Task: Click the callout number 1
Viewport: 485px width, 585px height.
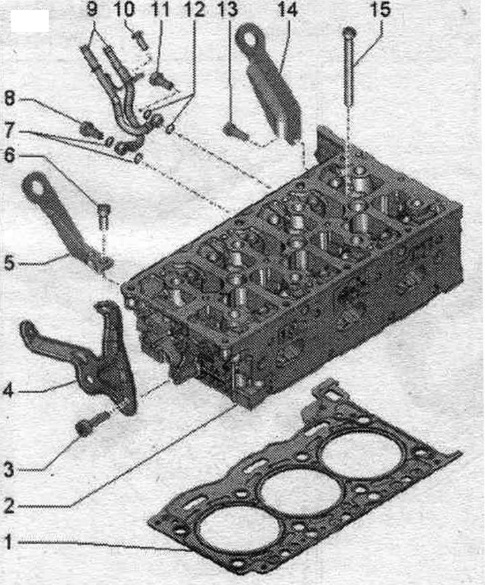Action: pos(8,542)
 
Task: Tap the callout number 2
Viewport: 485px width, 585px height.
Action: pos(9,506)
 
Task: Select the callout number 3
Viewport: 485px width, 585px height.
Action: pos(9,469)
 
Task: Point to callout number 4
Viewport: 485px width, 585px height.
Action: pos(8,390)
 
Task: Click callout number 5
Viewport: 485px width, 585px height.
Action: pos(9,263)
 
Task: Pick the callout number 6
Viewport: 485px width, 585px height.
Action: pos(9,156)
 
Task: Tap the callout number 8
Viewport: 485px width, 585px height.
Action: pos(9,99)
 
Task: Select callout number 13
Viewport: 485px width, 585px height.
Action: pos(228,9)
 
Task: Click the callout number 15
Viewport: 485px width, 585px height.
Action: pos(381,9)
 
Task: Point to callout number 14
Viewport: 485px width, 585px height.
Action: pos(287,9)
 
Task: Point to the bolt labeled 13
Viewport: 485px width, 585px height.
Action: pos(235,133)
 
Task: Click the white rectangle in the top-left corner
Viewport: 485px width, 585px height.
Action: pos(30,21)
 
